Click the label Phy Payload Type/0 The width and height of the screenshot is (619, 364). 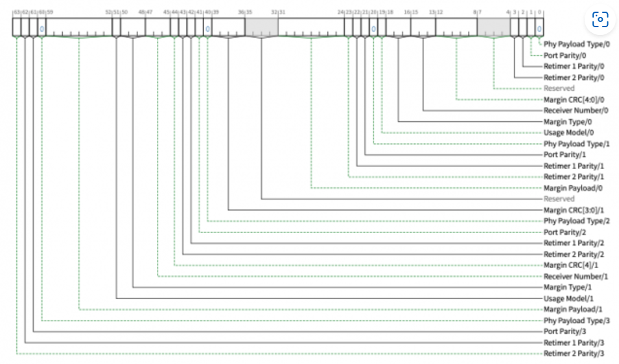[x=577, y=44]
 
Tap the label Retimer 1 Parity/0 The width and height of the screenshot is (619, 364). [x=574, y=66]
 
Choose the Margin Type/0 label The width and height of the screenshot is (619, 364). [x=568, y=122]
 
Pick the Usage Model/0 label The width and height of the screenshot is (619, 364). [x=569, y=133]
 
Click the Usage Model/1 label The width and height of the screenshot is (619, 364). [x=569, y=299]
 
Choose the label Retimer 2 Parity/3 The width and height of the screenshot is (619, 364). [x=574, y=354]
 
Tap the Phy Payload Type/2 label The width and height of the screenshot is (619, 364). [x=577, y=221]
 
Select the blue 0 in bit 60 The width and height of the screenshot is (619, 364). [x=41, y=28]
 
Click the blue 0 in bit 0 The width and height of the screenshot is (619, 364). [x=539, y=28]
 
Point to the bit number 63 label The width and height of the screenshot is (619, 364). [x=16, y=12]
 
